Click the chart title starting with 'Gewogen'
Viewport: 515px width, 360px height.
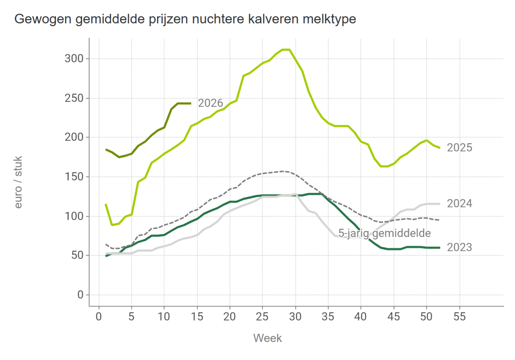pyautogui.click(x=185, y=19)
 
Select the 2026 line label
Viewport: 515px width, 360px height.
pyautogui.click(x=210, y=103)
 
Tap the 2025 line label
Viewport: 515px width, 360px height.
pyautogui.click(x=459, y=148)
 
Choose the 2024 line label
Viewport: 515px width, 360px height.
pyautogui.click(x=459, y=203)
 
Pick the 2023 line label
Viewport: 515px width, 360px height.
pyautogui.click(x=459, y=248)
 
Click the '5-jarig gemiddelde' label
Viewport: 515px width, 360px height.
pyautogui.click(x=384, y=233)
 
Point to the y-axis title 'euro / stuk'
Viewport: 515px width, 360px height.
pyautogui.click(x=18, y=182)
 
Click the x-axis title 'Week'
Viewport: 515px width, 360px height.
pyautogui.click(x=267, y=338)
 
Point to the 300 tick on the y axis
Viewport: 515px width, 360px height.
pyautogui.click(x=74, y=59)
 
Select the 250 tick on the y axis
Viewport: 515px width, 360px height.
pyautogui.click(x=74, y=98)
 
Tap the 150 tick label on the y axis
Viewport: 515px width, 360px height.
pyautogui.click(x=74, y=177)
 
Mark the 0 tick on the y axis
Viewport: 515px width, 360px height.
pyautogui.click(x=80, y=295)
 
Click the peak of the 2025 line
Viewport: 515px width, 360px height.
pyautogui.click(x=286, y=50)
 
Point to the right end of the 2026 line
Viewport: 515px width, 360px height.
pyautogui.click(x=191, y=103)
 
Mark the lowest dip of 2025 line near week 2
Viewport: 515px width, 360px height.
pyautogui.click(x=112, y=225)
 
